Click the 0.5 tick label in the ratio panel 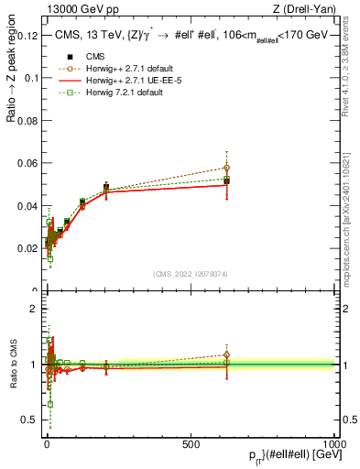pyautogui.click(x=28, y=420)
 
